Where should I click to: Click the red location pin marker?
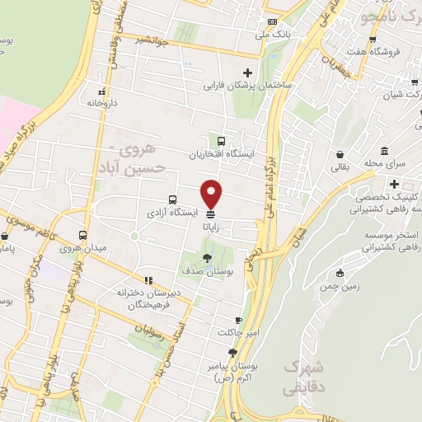pyautogui.click(x=212, y=192)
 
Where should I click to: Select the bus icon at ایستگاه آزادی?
pyautogui.click(x=172, y=199)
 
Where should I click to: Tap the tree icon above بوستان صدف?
pyautogui.click(x=206, y=258)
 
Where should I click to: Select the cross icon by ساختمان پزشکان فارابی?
pyautogui.click(x=247, y=73)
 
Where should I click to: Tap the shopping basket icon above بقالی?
pyautogui.click(x=340, y=154)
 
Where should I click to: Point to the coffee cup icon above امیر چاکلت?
pyautogui.click(x=238, y=320)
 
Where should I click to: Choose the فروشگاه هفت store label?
pyautogui.click(x=393, y=51)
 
